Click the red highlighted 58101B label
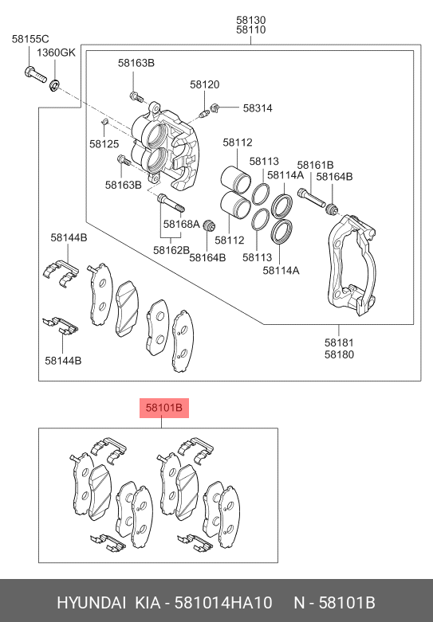tap(163, 408)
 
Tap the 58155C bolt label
tap(30, 39)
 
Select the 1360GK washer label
tap(56, 53)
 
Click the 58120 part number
tap(205, 84)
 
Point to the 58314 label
tap(258, 108)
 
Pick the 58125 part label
tap(104, 143)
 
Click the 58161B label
tap(316, 165)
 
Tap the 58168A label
tap(182, 224)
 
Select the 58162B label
tap(171, 250)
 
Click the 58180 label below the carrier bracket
tap(339, 354)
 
